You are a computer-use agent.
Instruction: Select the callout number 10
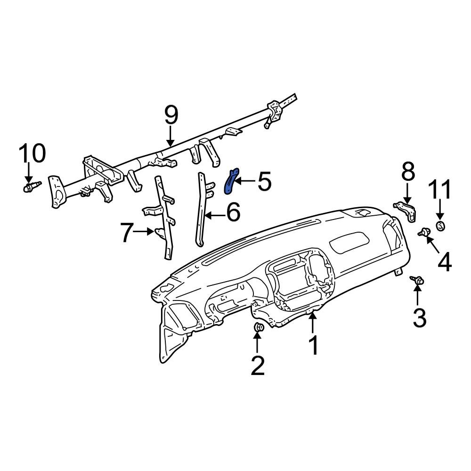(32, 154)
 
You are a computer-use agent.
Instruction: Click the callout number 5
(264, 182)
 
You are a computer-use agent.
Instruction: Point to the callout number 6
(233, 213)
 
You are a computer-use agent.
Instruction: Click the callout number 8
(408, 173)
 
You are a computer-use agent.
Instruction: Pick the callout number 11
(439, 190)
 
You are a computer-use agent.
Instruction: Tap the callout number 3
(419, 317)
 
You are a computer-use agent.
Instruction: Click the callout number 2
(257, 365)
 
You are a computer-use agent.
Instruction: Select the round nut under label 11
(441, 227)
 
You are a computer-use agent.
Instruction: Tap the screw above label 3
(417, 280)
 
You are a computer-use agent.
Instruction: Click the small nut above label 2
(258, 327)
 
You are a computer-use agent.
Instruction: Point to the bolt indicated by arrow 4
(425, 231)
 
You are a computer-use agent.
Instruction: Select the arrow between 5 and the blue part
(245, 181)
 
